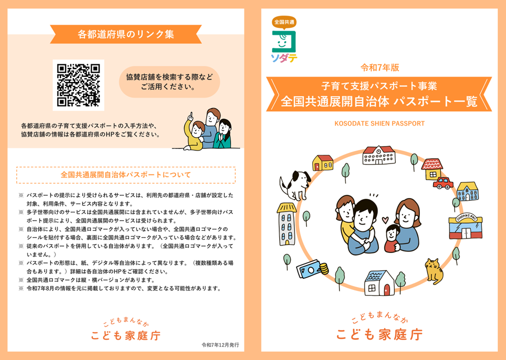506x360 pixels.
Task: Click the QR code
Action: click(79, 85)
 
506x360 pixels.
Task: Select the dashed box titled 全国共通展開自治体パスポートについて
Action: click(126, 175)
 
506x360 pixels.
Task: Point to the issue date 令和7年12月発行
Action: click(220, 345)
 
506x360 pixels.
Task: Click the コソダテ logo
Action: click(284, 40)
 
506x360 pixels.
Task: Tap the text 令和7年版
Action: click(379, 67)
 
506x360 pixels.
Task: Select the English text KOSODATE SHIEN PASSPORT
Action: click(379, 123)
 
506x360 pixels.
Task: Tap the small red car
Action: click(442, 183)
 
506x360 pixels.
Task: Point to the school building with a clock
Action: click(379, 155)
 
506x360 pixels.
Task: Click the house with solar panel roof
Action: click(379, 283)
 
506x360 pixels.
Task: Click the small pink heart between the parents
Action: click(384, 219)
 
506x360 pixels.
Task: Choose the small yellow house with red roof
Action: click(323, 162)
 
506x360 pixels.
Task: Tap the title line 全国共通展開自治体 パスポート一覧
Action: click(379, 101)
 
